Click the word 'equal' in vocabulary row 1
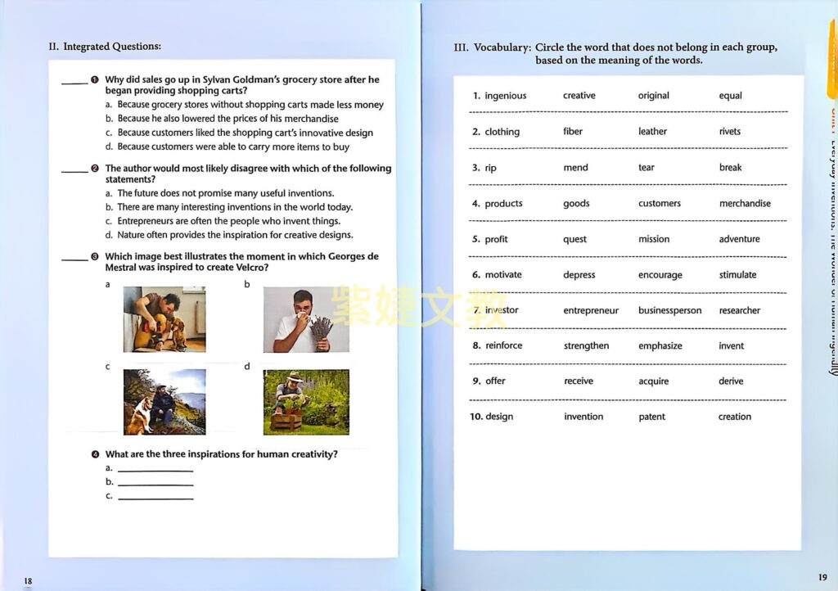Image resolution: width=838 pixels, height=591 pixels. coord(730,96)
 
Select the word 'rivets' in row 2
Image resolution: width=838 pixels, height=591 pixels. coord(729,132)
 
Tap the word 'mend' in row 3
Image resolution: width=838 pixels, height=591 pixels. coord(575,168)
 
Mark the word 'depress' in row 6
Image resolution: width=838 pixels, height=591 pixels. coord(579,275)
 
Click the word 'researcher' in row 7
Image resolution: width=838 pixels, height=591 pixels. coord(739,311)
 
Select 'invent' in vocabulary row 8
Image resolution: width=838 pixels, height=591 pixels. coord(731,346)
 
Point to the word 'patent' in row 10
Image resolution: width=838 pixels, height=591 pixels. coord(651,417)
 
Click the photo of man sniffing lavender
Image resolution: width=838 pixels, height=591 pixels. coord(305,319)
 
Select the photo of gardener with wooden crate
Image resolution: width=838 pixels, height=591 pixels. coord(305,402)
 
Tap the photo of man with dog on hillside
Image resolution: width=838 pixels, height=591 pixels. coord(164,402)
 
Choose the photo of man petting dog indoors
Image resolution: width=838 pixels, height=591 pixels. coord(164,319)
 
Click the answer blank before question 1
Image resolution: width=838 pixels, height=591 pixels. coord(74,83)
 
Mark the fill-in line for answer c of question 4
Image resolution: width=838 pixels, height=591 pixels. coord(155,498)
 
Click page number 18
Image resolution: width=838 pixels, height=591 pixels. coord(28,581)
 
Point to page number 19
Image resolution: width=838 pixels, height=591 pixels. coord(822,577)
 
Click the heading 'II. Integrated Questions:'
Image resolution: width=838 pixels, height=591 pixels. coord(105,47)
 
